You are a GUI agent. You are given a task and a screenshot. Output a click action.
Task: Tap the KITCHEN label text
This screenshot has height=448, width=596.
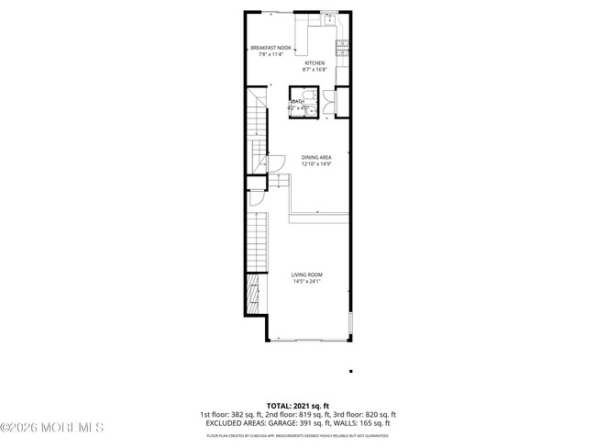315,63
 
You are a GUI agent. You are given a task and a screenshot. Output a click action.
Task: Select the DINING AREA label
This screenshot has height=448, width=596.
315,157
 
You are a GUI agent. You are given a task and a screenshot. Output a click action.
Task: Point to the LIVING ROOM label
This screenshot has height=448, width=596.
307,275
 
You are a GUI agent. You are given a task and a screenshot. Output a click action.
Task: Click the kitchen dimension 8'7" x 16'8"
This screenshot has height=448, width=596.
315,70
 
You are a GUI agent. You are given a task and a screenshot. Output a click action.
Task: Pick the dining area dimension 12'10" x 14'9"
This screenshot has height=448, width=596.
315,163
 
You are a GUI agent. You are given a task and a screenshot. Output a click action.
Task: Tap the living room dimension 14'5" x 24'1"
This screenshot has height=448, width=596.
307,282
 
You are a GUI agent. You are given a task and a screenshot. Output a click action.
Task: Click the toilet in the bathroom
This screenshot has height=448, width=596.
309,95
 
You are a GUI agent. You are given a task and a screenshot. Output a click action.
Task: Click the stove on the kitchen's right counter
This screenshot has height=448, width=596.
343,44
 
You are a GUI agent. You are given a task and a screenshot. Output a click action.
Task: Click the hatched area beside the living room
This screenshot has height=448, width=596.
252,297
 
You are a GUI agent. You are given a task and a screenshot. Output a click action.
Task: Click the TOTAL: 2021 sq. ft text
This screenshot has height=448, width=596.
297,405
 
